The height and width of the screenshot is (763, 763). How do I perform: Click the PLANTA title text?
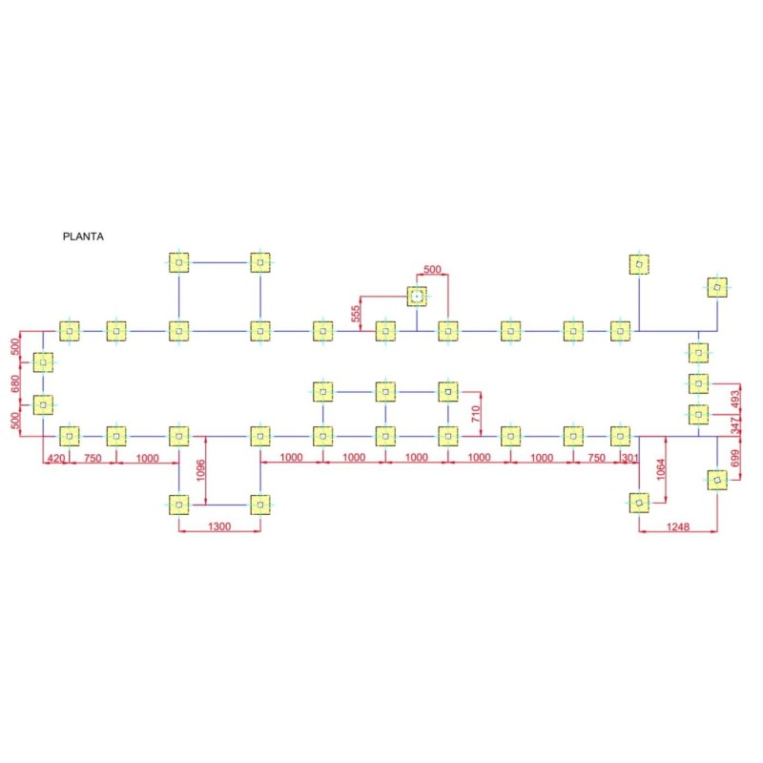(83, 237)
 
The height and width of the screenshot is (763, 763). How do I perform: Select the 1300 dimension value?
(219, 526)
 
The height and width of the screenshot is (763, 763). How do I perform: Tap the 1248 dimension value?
(678, 526)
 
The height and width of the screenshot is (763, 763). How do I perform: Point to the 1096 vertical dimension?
(200, 470)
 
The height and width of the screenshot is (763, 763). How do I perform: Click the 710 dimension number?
(476, 414)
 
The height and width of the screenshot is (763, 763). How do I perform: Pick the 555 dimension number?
(356, 314)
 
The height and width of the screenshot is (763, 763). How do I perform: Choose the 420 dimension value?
(56, 458)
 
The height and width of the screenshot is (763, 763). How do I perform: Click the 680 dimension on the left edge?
(15, 383)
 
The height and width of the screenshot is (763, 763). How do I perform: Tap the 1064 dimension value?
(660, 469)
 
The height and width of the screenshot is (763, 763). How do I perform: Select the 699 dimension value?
(734, 458)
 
